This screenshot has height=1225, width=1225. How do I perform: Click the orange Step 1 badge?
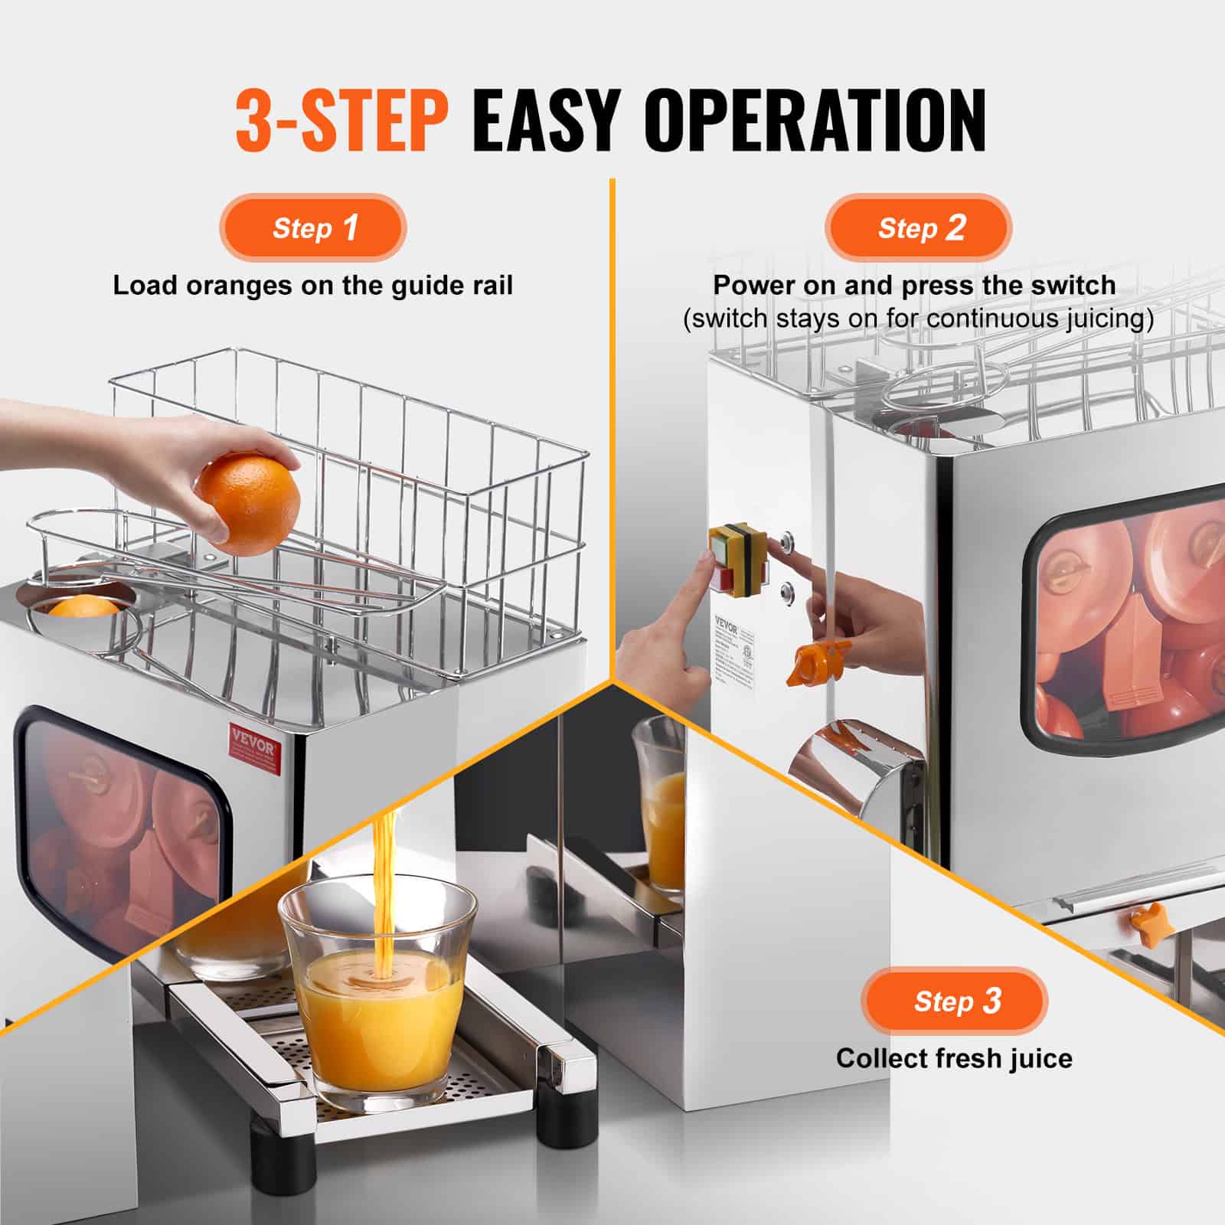point(313,228)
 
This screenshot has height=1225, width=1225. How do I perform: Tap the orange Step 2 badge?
point(918,228)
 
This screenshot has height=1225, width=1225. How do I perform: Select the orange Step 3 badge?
point(954,1001)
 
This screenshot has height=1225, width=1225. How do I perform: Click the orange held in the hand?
point(247,503)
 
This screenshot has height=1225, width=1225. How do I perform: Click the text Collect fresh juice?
point(953,1058)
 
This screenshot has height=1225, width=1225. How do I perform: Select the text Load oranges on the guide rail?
point(312,286)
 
